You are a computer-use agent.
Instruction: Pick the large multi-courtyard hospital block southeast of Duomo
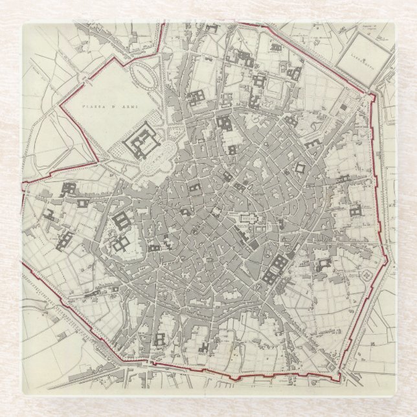coord(275,269)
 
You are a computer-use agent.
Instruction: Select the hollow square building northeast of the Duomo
coord(300,168)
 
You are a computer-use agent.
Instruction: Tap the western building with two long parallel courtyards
coord(122,221)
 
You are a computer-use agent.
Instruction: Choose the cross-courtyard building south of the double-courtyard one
coord(121,244)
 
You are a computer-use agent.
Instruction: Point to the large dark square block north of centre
coord(225,122)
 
